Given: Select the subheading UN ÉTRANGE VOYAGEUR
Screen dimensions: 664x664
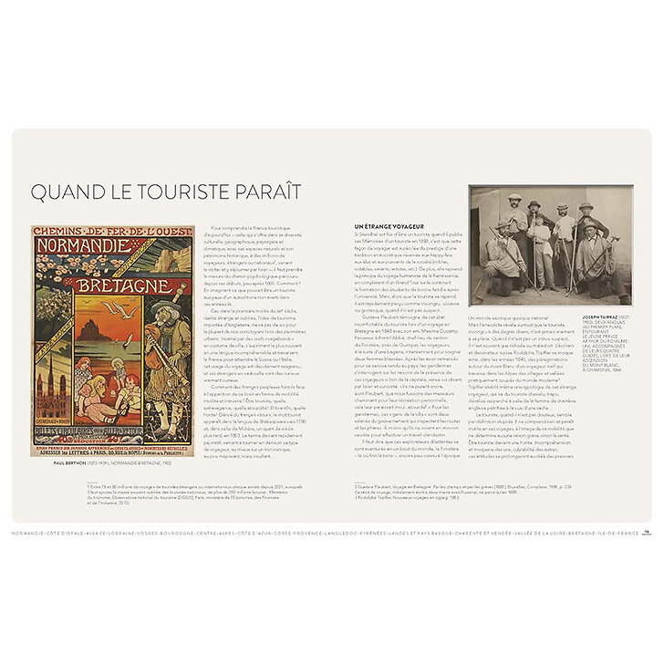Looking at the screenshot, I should click(x=388, y=225).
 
